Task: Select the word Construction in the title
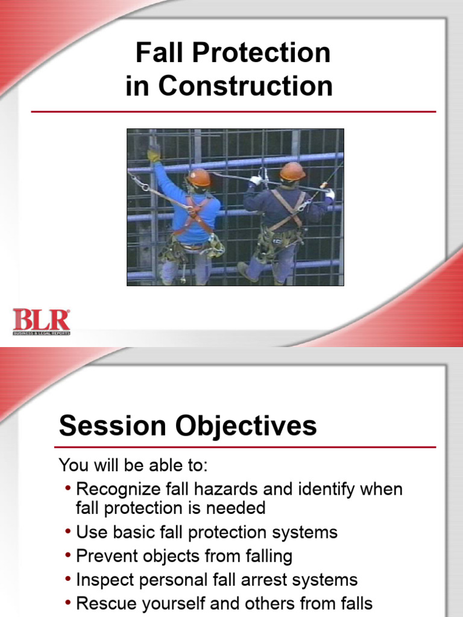click(x=245, y=86)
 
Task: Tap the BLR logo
click(x=42, y=321)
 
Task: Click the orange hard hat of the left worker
click(x=199, y=177)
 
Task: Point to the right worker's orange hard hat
click(x=292, y=171)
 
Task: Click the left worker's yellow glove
click(x=154, y=154)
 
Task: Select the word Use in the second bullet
click(x=90, y=533)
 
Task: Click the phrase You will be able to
click(x=133, y=465)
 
